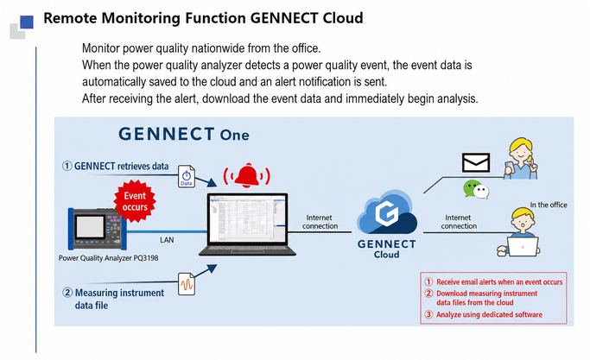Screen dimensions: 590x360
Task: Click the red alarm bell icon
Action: click(x=247, y=175)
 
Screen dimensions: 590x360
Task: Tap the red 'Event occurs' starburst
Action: click(x=135, y=201)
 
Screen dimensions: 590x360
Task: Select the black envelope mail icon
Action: click(x=476, y=162)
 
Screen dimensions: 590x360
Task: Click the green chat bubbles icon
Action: click(x=476, y=189)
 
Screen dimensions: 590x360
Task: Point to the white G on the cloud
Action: click(x=386, y=213)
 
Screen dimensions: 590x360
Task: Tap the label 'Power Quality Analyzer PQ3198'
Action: click(x=108, y=258)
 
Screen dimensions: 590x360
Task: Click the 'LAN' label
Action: click(x=167, y=240)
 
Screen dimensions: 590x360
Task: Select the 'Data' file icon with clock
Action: click(x=187, y=176)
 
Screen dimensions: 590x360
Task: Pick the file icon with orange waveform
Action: click(x=187, y=284)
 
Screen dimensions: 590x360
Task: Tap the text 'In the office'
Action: click(x=549, y=205)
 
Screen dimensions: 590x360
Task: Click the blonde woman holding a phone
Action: click(x=521, y=158)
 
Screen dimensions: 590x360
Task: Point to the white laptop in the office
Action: click(x=523, y=247)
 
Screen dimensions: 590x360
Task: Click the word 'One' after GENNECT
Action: click(x=234, y=135)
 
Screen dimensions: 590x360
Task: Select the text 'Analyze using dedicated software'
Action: click(x=489, y=314)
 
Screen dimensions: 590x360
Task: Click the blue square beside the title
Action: click(x=27, y=22)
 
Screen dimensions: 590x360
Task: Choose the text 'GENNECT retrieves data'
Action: click(x=121, y=167)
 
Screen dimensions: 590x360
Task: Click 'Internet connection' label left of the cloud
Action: click(x=320, y=222)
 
